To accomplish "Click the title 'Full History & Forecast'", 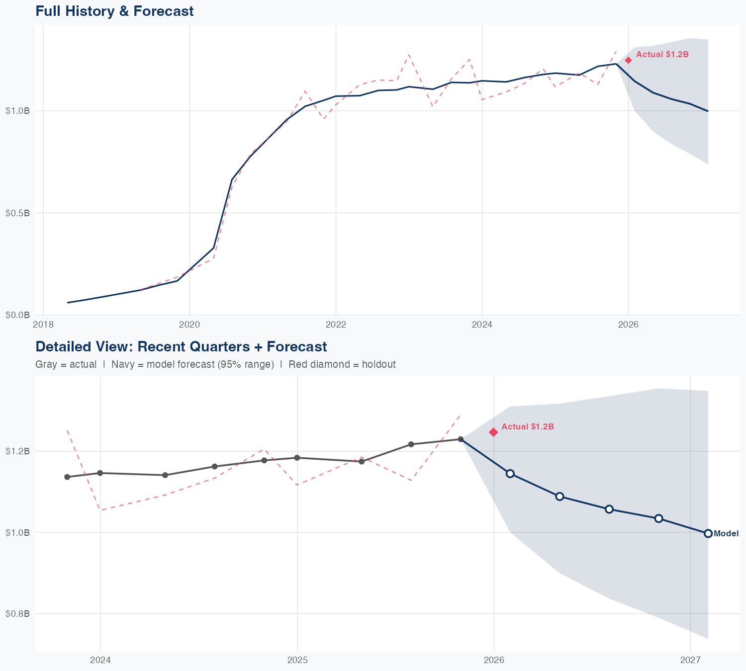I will pos(114,11).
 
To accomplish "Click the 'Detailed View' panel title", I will pos(181,346).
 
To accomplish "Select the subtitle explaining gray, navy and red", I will pos(215,364).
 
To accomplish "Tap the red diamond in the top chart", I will pos(628,60).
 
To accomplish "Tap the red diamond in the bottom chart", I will pos(493,432).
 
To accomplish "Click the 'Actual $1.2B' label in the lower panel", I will pos(528,426).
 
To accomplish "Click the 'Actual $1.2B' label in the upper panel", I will pos(662,54).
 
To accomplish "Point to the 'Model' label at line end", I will pos(726,533).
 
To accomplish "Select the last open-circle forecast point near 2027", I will pos(708,533).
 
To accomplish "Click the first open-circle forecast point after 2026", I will pos(510,473).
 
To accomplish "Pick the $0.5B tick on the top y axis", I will pos(17,213).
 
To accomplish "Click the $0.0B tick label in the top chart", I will pos(17,315).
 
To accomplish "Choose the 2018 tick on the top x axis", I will pos(43,325).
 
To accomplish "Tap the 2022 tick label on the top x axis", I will pos(336,325).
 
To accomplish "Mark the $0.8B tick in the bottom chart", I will pos(17,613).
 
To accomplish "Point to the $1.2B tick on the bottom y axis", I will pos(17,451).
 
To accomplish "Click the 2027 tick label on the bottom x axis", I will pos(690,660).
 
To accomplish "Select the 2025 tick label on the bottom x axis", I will pos(297,660).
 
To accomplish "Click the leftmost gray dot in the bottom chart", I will pos(67,477).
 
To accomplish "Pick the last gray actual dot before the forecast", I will pos(461,439).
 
